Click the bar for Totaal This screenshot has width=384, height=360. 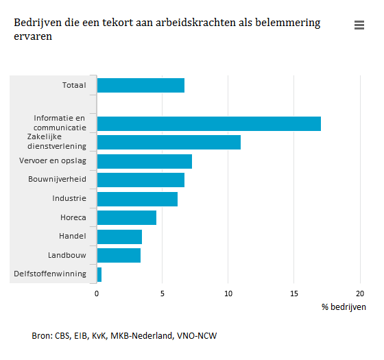[x=141, y=85]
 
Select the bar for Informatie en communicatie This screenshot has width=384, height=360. [x=208, y=123]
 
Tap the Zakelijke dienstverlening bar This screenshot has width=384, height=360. [x=169, y=142]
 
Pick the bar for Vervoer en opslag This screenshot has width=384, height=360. [x=144, y=161]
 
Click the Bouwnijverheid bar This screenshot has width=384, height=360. [x=141, y=180]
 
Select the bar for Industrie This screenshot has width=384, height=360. [x=137, y=199]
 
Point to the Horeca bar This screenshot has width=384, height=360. [x=127, y=217]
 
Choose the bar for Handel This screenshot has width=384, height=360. [x=119, y=237]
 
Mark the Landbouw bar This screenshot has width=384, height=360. [x=119, y=255]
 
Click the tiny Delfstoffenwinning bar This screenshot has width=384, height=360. [x=99, y=274]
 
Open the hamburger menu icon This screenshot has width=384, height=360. [x=359, y=25]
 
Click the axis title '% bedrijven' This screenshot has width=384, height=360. [x=344, y=307]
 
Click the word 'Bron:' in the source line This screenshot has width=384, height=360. [x=43, y=335]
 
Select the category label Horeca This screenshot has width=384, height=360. [x=73, y=217]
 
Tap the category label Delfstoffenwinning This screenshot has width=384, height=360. [x=50, y=274]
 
